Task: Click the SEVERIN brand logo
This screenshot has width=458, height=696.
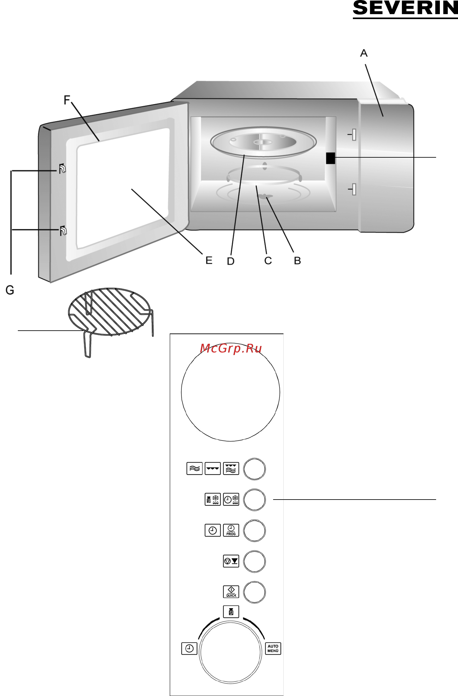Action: pyautogui.click(x=405, y=8)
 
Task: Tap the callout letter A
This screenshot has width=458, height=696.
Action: pyautogui.click(x=364, y=53)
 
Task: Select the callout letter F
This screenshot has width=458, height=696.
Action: pyautogui.click(x=67, y=100)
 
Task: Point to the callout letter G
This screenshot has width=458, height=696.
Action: pyautogui.click(x=10, y=290)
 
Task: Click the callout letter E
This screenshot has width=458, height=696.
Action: pyautogui.click(x=209, y=260)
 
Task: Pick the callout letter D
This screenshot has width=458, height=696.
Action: pyautogui.click(x=231, y=261)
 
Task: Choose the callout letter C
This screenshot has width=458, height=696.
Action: pyautogui.click(x=268, y=261)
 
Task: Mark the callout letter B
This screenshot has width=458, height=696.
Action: pyautogui.click(x=297, y=261)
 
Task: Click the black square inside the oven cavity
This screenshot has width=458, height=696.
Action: pyautogui.click(x=330, y=158)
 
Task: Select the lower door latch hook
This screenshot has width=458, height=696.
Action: pyautogui.click(x=63, y=231)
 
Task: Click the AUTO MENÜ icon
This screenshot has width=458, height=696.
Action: pyautogui.click(x=273, y=648)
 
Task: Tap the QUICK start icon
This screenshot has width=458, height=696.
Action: pyautogui.click(x=231, y=592)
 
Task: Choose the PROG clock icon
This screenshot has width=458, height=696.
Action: pyautogui.click(x=231, y=530)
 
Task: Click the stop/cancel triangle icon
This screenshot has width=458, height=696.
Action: pyautogui.click(x=231, y=561)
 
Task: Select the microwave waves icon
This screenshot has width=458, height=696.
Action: pyautogui.click(x=194, y=469)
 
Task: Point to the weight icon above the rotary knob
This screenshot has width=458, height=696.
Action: pyautogui.click(x=231, y=612)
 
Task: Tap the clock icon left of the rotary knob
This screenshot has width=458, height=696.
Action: pyautogui.click(x=189, y=648)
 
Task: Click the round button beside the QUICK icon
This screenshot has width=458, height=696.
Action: pyautogui.click(x=254, y=592)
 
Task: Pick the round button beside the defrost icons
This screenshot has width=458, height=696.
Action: pyautogui.click(x=254, y=500)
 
